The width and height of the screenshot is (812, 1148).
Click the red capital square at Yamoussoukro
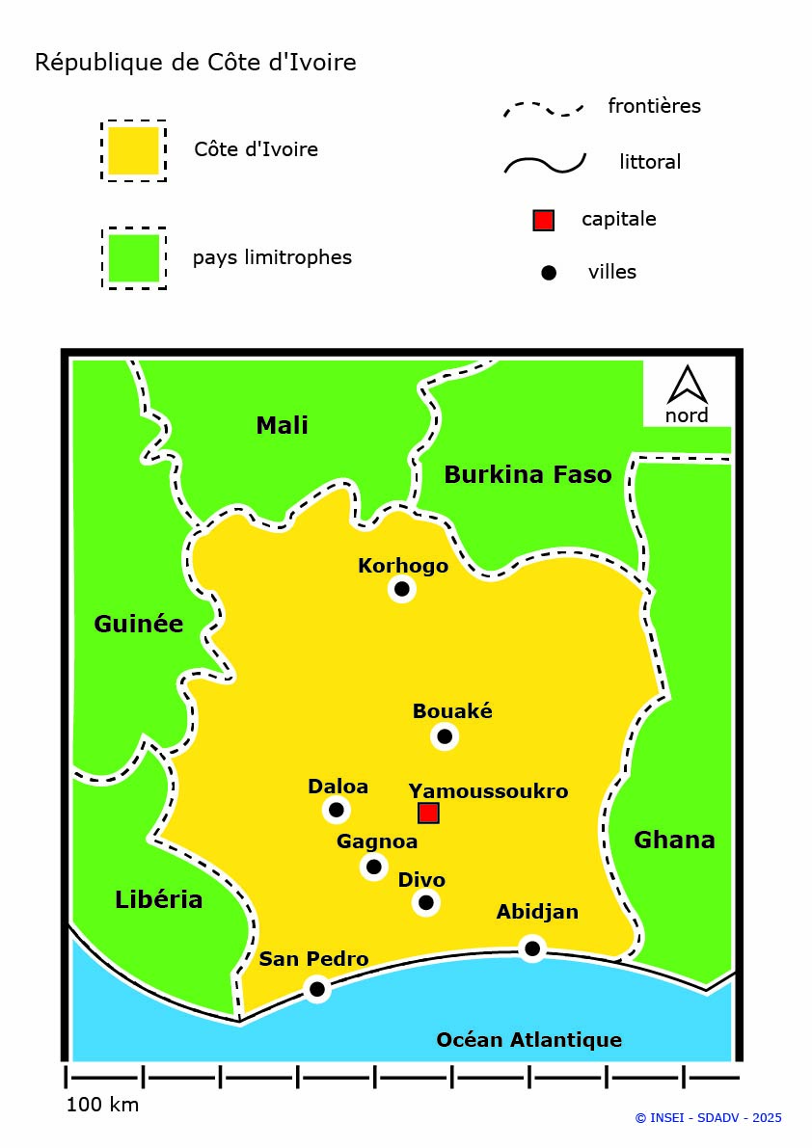(428, 813)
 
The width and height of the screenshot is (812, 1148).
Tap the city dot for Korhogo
(402, 588)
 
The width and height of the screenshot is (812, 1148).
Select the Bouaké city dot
(444, 736)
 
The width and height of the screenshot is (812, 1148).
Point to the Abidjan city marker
(531, 948)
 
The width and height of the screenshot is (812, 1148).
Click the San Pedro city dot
(316, 988)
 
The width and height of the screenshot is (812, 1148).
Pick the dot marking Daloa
(336, 809)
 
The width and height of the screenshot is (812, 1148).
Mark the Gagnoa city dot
(374, 866)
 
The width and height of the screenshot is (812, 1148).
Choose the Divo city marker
(425, 902)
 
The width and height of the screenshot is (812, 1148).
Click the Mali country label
(282, 425)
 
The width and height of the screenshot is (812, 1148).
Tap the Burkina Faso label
(528, 474)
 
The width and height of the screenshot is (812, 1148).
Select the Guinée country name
(138, 624)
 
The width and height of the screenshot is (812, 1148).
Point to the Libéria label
(158, 899)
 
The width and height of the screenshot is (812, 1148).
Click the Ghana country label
(674, 840)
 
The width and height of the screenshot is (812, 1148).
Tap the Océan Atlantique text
(528, 1039)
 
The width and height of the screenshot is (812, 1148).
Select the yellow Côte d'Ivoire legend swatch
(133, 150)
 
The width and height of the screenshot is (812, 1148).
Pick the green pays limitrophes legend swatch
(133, 257)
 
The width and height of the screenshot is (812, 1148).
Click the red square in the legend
(543, 220)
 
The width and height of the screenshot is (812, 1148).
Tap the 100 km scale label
(102, 1105)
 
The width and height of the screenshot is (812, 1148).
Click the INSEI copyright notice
(708, 1118)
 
